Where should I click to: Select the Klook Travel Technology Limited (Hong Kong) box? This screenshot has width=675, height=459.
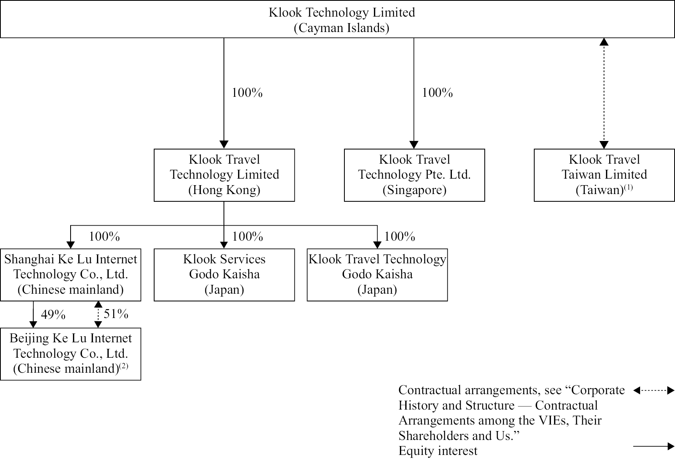coord(224,175)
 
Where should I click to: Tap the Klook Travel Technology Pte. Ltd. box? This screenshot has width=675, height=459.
coord(414,175)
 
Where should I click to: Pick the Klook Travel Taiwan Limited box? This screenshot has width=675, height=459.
coord(604,175)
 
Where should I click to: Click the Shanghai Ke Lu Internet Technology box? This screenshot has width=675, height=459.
coord(71,275)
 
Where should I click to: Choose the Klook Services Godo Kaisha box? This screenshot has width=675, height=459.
coord(224,275)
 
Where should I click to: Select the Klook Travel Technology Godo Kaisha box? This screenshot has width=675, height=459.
coord(377,275)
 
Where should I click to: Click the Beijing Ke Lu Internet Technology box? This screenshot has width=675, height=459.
coord(71,354)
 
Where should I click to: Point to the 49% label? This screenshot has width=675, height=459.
coord(53,315)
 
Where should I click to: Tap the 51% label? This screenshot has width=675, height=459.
coord(116,314)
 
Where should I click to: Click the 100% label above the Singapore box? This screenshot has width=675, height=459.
coord(437,93)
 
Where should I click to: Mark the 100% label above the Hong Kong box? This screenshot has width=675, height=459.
coord(247,93)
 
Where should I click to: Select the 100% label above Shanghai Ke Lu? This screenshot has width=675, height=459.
coord(104,237)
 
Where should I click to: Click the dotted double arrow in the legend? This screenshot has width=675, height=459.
coord(654,391)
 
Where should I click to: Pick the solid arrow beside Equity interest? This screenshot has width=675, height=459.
coord(654,446)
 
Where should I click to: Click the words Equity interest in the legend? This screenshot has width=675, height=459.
coord(438,451)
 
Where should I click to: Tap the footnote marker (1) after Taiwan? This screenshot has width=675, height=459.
coord(628,187)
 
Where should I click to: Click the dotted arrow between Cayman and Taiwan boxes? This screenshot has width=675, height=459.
coord(604,93)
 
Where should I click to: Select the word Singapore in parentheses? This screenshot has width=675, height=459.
coord(414,190)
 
